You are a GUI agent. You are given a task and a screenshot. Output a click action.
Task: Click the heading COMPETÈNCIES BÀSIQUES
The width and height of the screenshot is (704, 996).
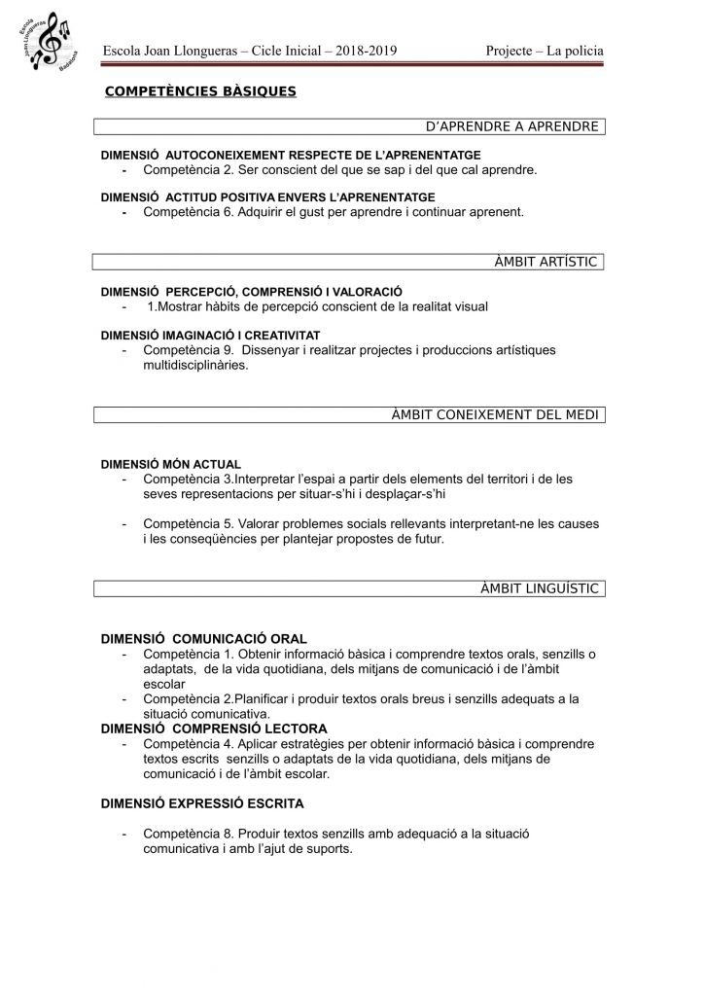(200, 91)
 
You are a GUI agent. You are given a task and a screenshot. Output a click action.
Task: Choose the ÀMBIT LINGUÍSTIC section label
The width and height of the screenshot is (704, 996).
(539, 588)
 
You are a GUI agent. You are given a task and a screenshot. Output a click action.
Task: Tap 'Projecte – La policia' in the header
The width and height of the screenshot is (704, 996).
(545, 52)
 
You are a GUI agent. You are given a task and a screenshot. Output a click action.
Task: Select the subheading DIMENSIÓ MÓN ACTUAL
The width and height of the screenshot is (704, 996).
(171, 464)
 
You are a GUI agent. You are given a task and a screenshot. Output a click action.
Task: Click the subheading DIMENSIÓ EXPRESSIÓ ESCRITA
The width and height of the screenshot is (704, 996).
(202, 803)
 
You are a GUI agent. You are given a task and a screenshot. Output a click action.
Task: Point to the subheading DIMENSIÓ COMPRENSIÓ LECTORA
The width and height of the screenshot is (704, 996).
(214, 728)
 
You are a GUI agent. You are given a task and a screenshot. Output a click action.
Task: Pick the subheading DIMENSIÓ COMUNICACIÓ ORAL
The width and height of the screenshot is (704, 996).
(204, 639)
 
